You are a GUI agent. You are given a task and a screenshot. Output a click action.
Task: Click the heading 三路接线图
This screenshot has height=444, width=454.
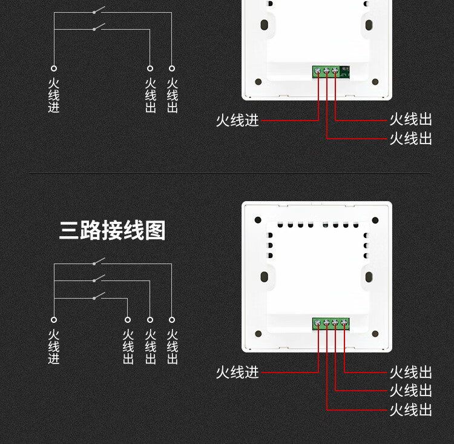(x=112, y=230)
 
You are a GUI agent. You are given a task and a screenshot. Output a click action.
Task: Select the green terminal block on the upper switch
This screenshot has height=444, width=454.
(x=327, y=72)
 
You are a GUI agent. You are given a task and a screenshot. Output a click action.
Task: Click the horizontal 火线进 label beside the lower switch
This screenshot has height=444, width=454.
(x=237, y=372)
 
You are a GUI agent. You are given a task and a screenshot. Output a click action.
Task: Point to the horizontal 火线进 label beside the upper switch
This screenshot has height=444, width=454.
(x=237, y=121)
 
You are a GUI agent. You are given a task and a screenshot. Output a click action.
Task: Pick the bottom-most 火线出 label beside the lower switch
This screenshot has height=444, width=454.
(x=410, y=410)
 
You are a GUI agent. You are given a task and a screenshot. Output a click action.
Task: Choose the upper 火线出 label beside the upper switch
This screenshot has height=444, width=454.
(x=410, y=120)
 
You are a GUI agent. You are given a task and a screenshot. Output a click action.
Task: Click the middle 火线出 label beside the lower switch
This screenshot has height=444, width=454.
(x=410, y=391)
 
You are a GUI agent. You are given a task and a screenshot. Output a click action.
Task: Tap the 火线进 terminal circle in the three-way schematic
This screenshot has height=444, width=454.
(x=54, y=320)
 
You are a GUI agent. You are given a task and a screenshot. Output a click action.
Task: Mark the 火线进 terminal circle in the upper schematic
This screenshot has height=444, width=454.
(x=54, y=68)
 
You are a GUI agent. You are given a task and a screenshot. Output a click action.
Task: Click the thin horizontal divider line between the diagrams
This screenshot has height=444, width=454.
(x=230, y=173)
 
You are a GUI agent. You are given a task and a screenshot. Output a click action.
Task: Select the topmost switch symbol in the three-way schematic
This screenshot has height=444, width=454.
(x=99, y=262)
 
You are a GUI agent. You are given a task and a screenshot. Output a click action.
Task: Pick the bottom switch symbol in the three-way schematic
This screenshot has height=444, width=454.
(x=99, y=296)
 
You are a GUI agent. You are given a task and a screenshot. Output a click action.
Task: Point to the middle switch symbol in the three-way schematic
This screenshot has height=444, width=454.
(x=99, y=279)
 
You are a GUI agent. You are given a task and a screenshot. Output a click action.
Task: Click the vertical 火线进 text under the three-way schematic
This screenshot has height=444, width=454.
(x=54, y=347)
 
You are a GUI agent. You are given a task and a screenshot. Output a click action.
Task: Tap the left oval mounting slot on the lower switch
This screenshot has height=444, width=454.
(x=265, y=277)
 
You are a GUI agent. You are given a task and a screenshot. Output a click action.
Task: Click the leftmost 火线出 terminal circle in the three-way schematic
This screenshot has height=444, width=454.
(x=128, y=320)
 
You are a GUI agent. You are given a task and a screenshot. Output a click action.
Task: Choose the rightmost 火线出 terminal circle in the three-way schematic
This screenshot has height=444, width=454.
(x=172, y=320)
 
